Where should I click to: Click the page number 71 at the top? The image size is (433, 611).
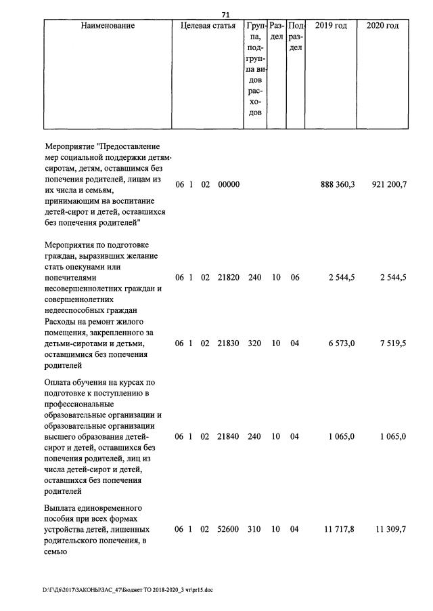[x=226, y=15]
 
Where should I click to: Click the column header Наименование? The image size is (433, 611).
[x=108, y=26]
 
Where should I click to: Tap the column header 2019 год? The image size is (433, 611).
[x=331, y=26]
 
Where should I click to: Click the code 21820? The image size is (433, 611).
[x=229, y=278]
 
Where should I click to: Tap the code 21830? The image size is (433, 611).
[x=229, y=343]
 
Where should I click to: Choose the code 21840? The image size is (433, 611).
[x=229, y=437]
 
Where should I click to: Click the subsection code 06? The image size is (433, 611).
[x=294, y=278]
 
